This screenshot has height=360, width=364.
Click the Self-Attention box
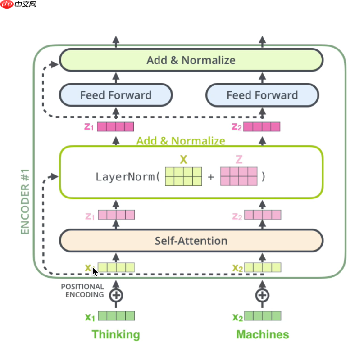191,241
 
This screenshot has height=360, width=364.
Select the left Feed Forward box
116,95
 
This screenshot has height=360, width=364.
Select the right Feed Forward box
262,95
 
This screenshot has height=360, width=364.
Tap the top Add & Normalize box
191,60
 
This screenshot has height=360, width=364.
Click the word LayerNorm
125,176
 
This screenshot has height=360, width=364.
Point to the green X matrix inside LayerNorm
183,176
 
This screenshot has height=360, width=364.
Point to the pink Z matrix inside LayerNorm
239,176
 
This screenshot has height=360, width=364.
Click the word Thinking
116,334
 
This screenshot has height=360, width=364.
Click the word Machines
262,334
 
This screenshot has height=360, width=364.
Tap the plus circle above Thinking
116,295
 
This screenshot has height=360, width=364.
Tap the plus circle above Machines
262,295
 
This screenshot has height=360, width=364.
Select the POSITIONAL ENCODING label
82,291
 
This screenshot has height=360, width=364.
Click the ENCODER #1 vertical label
25,202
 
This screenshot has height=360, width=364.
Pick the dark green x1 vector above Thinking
116,316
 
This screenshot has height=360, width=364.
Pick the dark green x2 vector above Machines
263,316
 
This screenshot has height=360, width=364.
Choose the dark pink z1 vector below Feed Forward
116,126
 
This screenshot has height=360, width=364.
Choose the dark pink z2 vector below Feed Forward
262,126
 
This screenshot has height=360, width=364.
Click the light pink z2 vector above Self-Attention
263,215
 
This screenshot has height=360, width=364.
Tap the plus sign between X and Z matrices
211,177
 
